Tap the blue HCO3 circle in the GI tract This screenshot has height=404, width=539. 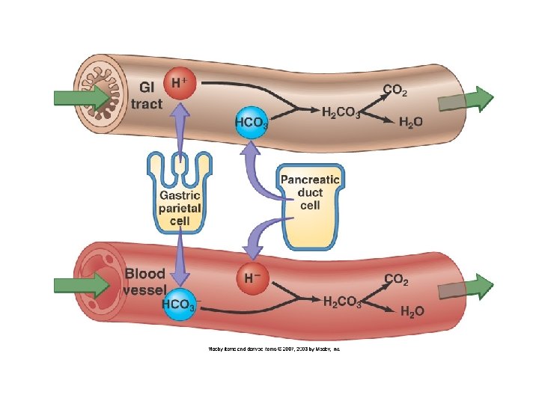252,124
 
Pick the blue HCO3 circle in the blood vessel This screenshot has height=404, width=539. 180,304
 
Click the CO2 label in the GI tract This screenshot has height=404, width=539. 395,91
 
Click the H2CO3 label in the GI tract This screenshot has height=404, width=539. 341,114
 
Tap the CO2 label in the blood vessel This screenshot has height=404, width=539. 396,279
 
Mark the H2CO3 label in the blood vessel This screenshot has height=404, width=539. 342,302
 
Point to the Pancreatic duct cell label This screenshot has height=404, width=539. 310,192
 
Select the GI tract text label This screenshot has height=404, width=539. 146,95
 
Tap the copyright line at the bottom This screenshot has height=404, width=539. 273,349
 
